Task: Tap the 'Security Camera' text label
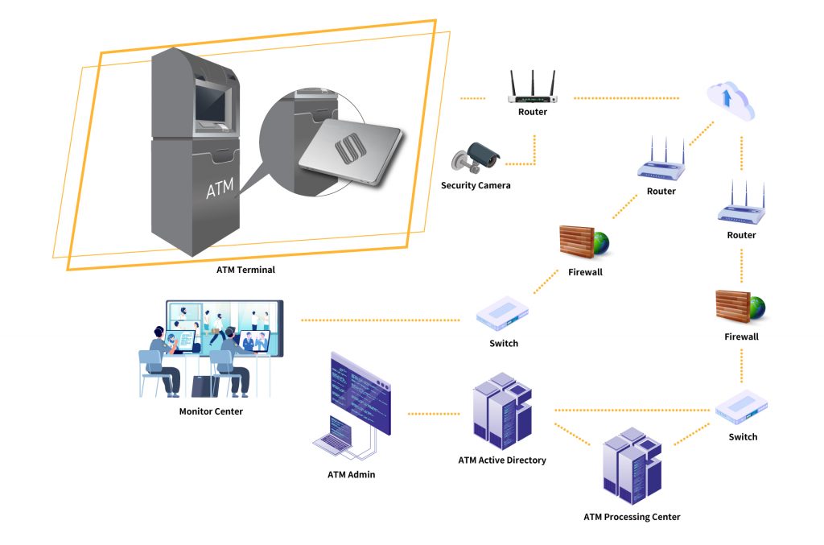pos(476,186)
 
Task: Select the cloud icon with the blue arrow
pos(731,101)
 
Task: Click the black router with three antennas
pos(532,89)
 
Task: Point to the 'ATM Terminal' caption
pos(245,270)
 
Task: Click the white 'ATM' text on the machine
pos(220,190)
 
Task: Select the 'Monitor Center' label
pos(211,411)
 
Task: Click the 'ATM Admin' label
pos(351,474)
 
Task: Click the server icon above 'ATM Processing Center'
pos(632,468)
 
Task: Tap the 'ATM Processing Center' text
pos(632,517)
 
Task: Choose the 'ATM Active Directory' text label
pos(502,460)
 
